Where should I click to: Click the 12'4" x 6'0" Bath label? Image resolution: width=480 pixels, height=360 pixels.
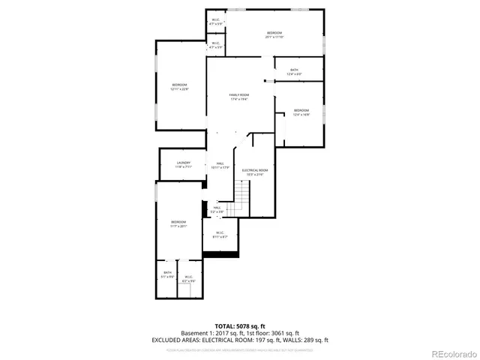294,72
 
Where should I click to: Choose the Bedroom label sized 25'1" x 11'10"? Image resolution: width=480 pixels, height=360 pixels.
274,34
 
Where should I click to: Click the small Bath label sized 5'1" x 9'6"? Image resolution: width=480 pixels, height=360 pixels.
167,275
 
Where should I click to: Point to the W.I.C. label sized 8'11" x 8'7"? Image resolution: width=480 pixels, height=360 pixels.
220,235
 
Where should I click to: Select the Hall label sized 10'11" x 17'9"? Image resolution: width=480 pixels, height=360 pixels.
220,165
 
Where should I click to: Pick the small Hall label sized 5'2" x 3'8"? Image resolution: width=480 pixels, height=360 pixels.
217,209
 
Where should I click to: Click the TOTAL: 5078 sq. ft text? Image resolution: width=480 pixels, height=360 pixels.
240,326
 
